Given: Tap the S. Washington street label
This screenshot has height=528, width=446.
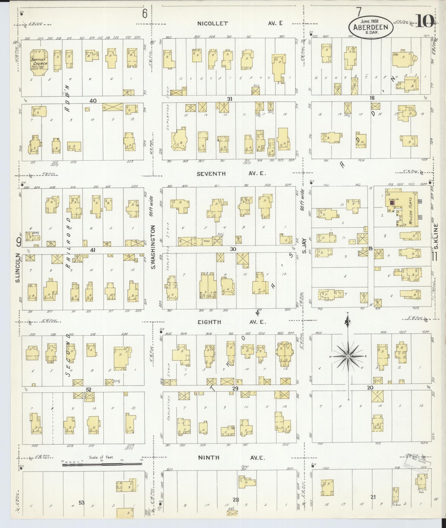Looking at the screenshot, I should [x=153, y=247].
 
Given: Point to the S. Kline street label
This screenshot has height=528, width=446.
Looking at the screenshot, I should [x=436, y=236].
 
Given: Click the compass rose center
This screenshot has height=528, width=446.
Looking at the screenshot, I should [x=348, y=356].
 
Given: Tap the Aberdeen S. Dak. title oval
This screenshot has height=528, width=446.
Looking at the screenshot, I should [x=371, y=27].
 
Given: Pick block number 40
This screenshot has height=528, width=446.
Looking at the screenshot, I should [x=93, y=101].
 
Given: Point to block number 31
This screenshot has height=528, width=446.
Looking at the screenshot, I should [x=230, y=99].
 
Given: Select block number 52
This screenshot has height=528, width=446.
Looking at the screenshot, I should [x=88, y=390].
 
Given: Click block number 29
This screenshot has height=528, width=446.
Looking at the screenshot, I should [x=235, y=389].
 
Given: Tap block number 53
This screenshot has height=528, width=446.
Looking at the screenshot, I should [x=82, y=503].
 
